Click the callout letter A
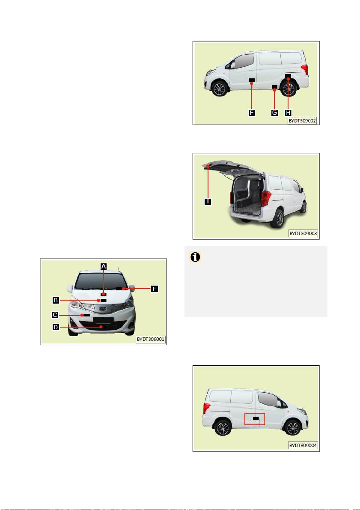click(104, 266)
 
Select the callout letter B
click(56, 300)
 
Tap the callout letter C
click(55, 315)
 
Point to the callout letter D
click(56, 327)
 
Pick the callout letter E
click(155, 289)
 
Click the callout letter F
click(251, 113)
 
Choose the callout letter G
click(274, 113)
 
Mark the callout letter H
click(288, 113)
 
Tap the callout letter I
click(208, 202)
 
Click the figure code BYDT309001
click(151, 339)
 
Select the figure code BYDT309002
click(302, 120)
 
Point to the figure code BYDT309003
click(303, 233)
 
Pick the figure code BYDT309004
click(303, 445)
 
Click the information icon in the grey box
click(195, 257)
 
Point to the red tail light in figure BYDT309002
click(304, 69)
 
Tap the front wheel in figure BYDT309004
click(292, 427)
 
